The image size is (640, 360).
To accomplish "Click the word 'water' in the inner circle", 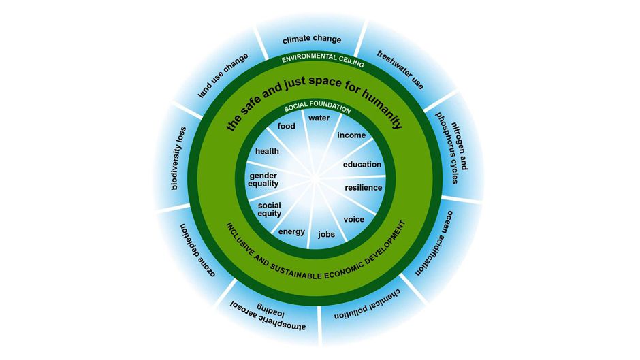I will click(x=319, y=118).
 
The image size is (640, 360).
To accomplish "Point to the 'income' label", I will click(x=351, y=135).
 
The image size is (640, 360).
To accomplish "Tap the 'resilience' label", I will click(x=364, y=187).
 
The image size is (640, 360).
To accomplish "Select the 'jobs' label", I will click(x=327, y=235).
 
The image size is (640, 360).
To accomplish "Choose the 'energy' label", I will click(x=292, y=231).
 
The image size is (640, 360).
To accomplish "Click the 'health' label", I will click(x=267, y=151).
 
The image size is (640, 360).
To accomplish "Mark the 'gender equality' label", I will click(x=263, y=180).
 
